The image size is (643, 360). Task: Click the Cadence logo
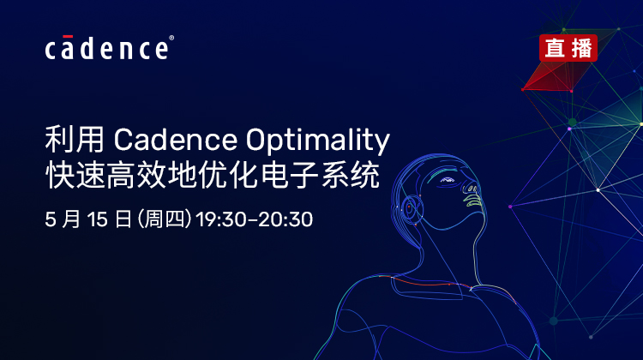point(109,48)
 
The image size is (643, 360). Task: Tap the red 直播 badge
point(568,48)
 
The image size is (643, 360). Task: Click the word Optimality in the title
point(318,141)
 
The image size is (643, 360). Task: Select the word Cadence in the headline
point(176,140)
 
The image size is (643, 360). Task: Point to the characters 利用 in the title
point(75,140)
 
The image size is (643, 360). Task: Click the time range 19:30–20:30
point(255,219)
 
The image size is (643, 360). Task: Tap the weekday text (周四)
point(164,219)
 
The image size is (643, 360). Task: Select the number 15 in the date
point(98,219)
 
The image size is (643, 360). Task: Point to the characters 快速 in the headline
point(75,176)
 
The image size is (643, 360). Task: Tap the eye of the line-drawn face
point(448,180)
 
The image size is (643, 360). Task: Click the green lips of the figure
point(472,201)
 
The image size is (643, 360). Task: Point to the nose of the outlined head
point(471,188)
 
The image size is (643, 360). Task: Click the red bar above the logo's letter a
point(68,37)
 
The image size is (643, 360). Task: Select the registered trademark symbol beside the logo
point(171,38)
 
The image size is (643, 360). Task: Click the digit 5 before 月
point(50,219)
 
